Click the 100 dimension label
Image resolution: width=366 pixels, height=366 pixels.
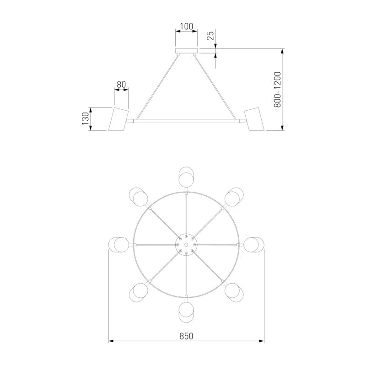(x=187, y=27)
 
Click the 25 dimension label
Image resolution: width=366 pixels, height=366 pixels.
(x=210, y=35)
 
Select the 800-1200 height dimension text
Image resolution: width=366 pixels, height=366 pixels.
(x=277, y=90)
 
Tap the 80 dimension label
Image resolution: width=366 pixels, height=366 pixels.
(x=121, y=84)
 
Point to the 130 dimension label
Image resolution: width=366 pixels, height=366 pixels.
(x=86, y=118)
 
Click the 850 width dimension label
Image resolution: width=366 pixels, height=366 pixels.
(x=186, y=336)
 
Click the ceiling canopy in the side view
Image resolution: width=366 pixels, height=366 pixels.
(x=186, y=51)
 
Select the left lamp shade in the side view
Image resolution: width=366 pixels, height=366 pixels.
(x=118, y=119)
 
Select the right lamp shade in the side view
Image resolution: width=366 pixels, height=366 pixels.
(x=254, y=119)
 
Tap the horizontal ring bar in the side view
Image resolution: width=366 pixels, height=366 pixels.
(x=186, y=121)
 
